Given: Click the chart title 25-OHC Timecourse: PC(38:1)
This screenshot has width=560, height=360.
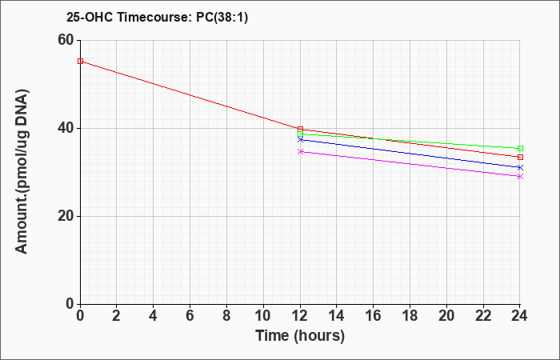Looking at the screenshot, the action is tap(157, 18).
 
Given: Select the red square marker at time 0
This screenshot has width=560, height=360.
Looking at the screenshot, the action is tap(80, 62).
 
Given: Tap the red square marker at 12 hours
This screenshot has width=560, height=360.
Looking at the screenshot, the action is tap(300, 129).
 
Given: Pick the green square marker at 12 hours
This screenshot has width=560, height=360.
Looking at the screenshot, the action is tap(300, 134).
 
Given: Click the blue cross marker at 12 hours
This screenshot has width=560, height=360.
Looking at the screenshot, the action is tap(300, 140).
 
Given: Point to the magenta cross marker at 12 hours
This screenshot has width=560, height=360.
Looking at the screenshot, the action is tap(300, 152).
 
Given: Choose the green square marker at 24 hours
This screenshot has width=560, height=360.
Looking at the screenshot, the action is tap(520, 149).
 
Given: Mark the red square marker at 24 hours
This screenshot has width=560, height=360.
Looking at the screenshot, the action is tap(520, 157).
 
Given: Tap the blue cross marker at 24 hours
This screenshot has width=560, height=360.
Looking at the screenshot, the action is tap(520, 167).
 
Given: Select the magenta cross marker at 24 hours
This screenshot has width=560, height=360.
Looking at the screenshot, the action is tap(520, 177).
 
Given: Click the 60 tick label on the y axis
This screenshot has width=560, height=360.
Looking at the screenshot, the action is tap(66, 40).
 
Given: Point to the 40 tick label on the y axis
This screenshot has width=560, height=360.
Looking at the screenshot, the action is tap(66, 128).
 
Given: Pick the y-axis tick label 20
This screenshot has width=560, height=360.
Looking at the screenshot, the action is tap(66, 217).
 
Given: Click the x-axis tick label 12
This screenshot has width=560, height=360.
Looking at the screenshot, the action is tap(300, 316).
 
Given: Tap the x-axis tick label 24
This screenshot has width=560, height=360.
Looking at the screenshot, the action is tap(520, 316).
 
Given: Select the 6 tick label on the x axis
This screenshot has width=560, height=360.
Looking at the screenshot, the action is tap(190, 316).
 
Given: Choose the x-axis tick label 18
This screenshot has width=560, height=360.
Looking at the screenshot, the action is tap(410, 316).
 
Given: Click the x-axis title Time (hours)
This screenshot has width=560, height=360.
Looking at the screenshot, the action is tap(300, 336).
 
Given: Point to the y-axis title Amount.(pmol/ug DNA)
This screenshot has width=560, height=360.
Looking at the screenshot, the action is tap(22, 172).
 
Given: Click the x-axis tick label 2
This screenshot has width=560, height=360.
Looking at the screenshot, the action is tap(117, 316).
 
